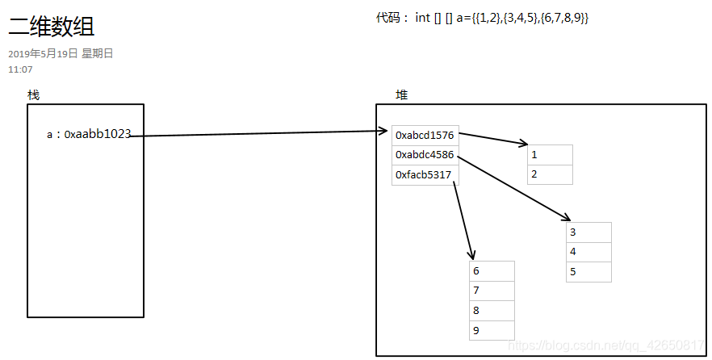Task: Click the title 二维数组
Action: [52, 27]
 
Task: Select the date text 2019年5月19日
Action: [43, 54]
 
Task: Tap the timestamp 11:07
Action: [20, 69]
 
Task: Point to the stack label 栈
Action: [33, 95]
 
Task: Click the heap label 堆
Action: [401, 95]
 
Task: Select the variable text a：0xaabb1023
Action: [89, 134]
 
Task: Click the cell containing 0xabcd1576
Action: [425, 136]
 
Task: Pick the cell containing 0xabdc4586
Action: [425, 155]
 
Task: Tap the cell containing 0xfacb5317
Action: [425, 175]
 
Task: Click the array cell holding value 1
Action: [550, 155]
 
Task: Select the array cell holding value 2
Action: [550, 174]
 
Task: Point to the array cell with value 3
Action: [588, 232]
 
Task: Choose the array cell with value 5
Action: [588, 272]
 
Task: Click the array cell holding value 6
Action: [492, 271]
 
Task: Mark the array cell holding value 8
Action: [492, 311]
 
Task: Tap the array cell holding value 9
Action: [492, 330]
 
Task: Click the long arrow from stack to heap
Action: [258, 133]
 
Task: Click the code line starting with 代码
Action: [482, 18]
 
